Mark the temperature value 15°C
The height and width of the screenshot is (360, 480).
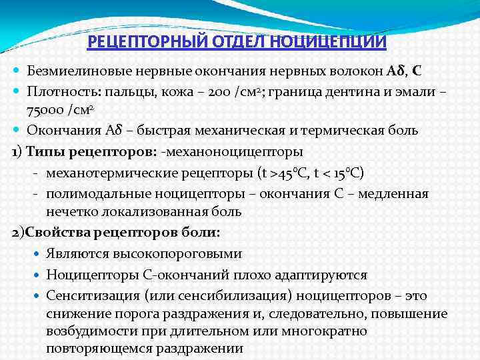click(348, 173)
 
